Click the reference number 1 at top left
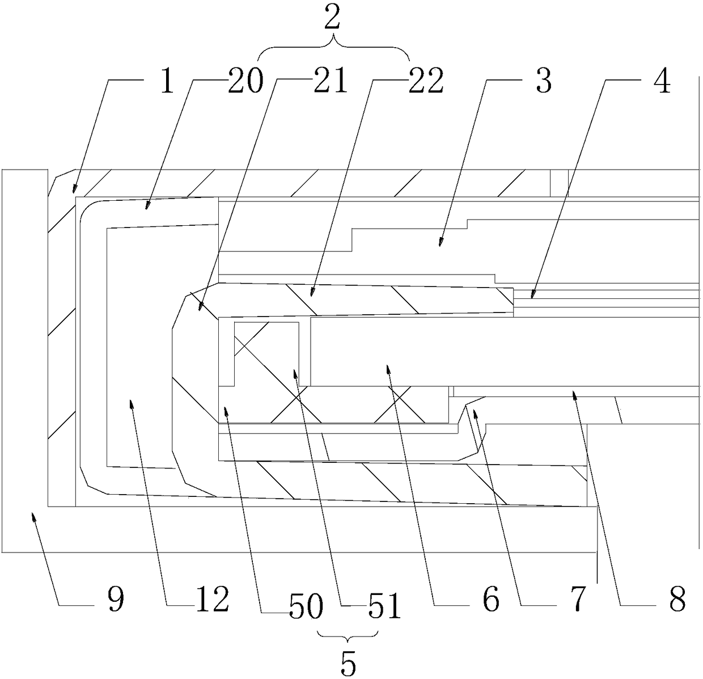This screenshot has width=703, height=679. [x=167, y=83]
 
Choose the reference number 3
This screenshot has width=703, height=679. [x=543, y=83]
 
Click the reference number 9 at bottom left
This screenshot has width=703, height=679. [x=116, y=600]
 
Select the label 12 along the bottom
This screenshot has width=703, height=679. [x=211, y=600]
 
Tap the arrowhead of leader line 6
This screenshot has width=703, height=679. [x=388, y=368]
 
